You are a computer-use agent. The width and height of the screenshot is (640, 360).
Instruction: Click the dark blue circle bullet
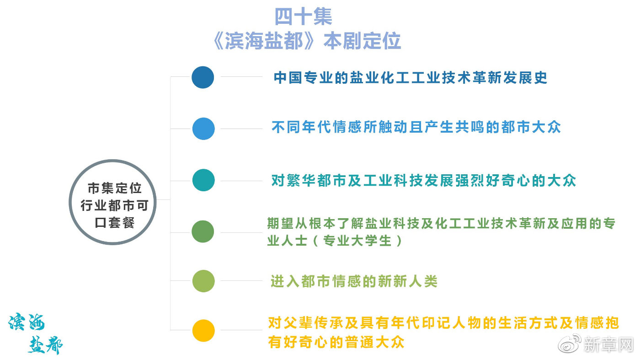click(x=203, y=77)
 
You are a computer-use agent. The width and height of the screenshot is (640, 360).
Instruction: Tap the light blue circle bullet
click(x=203, y=129)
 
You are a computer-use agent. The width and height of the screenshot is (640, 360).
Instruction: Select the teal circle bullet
click(x=203, y=180)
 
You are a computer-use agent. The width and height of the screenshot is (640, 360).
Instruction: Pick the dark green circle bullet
click(x=203, y=231)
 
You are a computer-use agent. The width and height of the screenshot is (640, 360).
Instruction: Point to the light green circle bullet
click(x=203, y=281)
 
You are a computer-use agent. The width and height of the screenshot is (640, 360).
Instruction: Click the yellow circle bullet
click(x=203, y=331)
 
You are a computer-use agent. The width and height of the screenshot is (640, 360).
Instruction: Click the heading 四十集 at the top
click(x=303, y=16)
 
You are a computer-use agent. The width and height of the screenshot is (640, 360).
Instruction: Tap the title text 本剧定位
click(x=362, y=41)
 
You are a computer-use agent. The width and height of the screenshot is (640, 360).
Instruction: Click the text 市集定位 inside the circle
click(x=114, y=188)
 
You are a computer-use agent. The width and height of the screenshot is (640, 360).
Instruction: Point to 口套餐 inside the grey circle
click(x=114, y=222)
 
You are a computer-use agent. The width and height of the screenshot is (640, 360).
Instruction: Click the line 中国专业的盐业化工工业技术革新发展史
click(x=411, y=78)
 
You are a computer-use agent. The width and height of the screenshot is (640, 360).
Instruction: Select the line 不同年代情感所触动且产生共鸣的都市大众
click(x=416, y=127)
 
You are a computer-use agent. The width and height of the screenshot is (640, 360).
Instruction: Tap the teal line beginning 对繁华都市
click(x=423, y=180)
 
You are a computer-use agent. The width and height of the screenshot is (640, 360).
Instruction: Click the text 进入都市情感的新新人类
click(x=354, y=281)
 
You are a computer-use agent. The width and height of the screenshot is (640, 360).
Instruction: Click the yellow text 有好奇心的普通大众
click(x=336, y=342)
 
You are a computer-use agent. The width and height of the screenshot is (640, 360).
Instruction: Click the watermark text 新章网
click(x=609, y=344)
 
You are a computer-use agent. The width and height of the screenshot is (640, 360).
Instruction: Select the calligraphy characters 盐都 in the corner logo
click(x=45, y=345)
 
